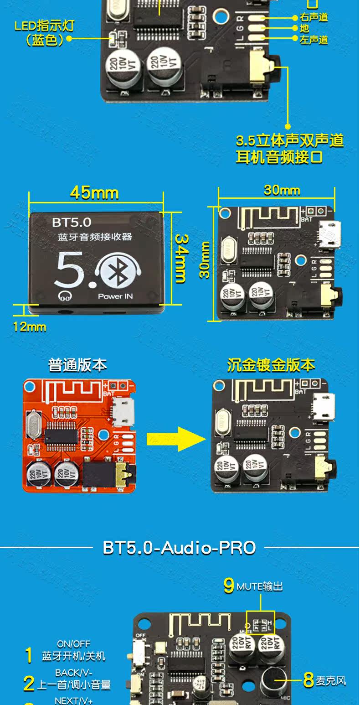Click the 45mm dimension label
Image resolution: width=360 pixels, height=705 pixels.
[94, 193]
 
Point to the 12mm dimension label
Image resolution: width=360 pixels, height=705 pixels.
[30, 327]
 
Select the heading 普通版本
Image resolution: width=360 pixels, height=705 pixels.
[77, 365]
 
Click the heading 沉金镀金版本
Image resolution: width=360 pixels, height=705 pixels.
[271, 365]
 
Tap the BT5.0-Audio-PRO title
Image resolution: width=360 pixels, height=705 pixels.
[179, 547]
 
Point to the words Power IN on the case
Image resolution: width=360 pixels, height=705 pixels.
[115, 296]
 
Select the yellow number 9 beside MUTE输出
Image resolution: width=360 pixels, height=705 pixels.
[229, 586]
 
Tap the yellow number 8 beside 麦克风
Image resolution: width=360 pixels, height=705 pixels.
[309, 680]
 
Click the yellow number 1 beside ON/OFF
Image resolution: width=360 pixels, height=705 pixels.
[29, 656]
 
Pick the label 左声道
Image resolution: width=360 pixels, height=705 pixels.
[314, 40]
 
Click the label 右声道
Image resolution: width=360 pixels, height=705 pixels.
[314, 17]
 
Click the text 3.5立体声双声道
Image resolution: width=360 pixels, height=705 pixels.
[289, 140]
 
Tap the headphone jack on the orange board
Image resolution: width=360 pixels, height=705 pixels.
[122, 476]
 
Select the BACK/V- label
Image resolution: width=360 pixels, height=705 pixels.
[73, 673]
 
